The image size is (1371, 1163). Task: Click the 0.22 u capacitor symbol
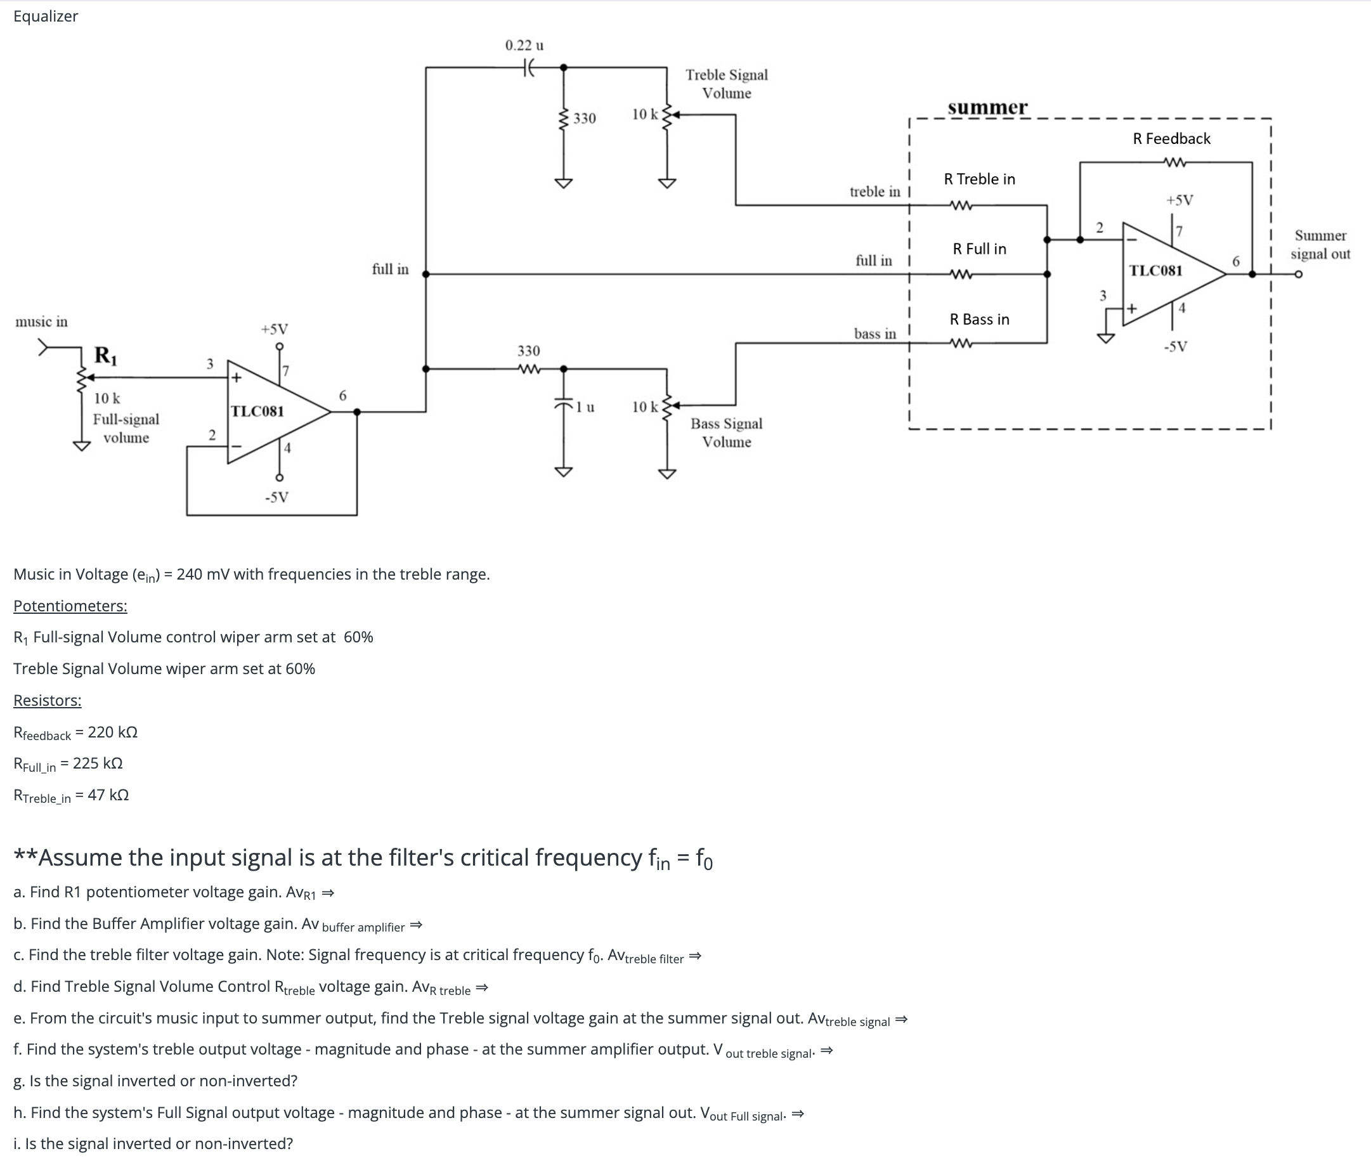[x=529, y=67]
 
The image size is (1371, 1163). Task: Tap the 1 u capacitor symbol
[x=563, y=405]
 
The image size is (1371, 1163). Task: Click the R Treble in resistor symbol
[x=961, y=205]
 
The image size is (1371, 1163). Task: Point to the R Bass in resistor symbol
[x=961, y=343]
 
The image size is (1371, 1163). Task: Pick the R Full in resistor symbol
[x=961, y=275]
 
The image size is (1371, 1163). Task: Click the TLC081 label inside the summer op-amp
[x=1155, y=270]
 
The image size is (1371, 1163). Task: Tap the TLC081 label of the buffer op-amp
[x=257, y=412]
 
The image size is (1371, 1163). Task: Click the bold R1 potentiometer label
[x=105, y=355]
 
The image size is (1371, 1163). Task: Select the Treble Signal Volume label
[x=726, y=84]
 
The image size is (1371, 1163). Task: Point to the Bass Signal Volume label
[x=726, y=432]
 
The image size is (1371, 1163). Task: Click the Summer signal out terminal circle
[x=1298, y=275]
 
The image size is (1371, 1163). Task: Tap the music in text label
[x=41, y=322]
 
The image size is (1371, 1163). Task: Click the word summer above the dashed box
[x=987, y=107]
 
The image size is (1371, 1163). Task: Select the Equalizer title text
[x=46, y=16]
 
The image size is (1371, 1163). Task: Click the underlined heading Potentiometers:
[x=70, y=606]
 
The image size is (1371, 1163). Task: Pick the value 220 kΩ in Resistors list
[x=113, y=732]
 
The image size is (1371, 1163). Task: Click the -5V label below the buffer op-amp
[x=277, y=497]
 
